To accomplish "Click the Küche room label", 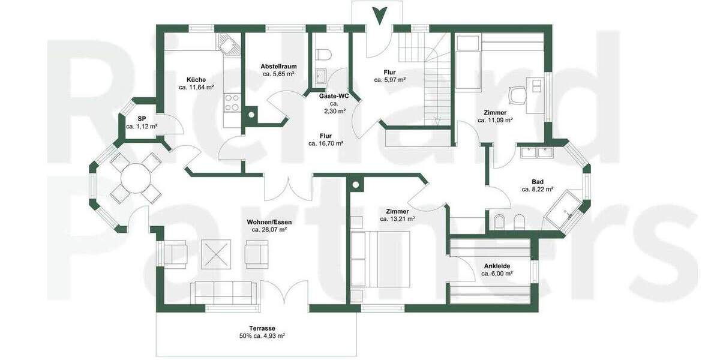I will click(x=196, y=80).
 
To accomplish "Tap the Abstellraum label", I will click(x=278, y=67).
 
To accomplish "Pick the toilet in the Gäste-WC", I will click(x=324, y=55).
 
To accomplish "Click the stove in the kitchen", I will click(x=232, y=103).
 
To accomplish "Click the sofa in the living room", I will click(x=226, y=292).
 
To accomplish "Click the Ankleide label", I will click(x=497, y=265).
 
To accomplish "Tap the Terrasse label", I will click(x=262, y=328).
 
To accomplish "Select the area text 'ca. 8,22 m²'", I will click(x=538, y=189).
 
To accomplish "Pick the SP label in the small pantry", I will click(x=142, y=118).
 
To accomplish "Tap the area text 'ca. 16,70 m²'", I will click(x=326, y=143).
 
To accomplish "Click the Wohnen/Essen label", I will click(x=269, y=222).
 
